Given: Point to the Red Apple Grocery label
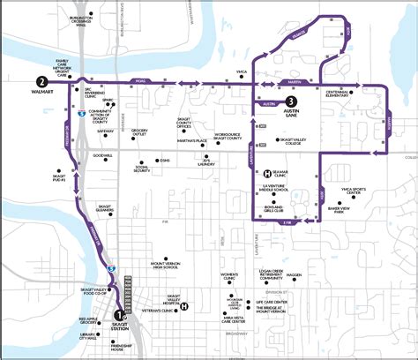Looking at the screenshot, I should (88, 322).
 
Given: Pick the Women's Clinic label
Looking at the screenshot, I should (230, 278).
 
